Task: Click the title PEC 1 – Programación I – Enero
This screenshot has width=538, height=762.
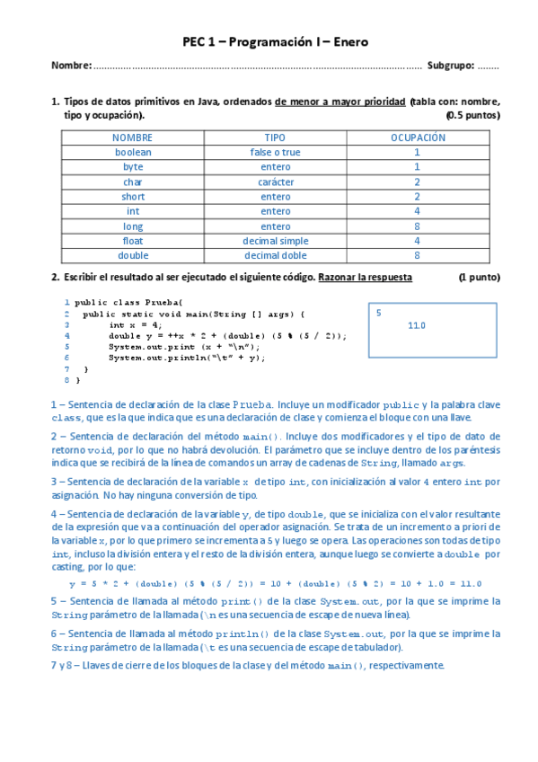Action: (275, 41)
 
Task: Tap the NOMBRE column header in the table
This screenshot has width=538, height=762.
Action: (132, 137)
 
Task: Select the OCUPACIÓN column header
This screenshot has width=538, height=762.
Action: (417, 137)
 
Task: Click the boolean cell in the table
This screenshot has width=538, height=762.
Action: (133, 153)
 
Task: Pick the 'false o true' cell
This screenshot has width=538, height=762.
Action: (275, 153)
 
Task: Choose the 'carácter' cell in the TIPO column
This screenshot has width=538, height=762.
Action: (275, 182)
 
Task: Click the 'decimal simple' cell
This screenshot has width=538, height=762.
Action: (275, 241)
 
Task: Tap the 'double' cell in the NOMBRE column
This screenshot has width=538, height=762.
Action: (133, 255)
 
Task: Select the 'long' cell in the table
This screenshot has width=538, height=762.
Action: (133, 226)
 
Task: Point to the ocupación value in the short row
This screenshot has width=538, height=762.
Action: (417, 197)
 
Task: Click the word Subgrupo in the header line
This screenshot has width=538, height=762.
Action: (449, 66)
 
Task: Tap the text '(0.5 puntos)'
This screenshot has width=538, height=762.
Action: (472, 116)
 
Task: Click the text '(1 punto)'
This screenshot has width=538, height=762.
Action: (479, 278)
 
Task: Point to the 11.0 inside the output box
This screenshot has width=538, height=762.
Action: (417, 325)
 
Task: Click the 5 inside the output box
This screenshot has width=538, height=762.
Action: (379, 313)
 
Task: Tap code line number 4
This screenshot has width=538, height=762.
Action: (67, 335)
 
